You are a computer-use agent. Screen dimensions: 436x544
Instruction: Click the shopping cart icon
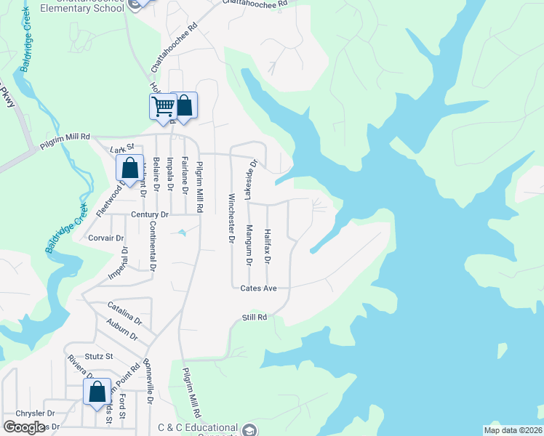coord(163,106)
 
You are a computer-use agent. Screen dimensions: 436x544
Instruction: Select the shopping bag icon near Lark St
coord(129,169)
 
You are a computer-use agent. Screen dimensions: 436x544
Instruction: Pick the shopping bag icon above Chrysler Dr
coord(97,392)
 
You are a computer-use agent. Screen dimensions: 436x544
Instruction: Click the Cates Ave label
coord(259,288)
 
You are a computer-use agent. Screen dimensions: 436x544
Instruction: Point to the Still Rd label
coord(255,318)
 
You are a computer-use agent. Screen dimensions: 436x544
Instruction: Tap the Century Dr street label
coord(150,215)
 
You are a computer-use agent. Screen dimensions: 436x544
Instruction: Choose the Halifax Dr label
coord(268,246)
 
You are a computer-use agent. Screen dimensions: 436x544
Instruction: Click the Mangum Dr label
coord(249,245)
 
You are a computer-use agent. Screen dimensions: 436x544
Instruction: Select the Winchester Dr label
coord(232,218)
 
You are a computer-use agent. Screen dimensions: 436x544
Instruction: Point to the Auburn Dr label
coord(121,330)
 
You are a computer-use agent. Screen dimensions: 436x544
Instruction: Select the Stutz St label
coord(100,356)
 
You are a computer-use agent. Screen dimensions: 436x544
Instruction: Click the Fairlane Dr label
coord(185,177)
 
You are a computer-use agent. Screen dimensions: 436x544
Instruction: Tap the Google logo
coord(24,427)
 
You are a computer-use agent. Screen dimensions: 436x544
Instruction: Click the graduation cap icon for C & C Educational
coord(251,429)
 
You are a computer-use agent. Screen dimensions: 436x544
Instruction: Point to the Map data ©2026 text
coord(513,430)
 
